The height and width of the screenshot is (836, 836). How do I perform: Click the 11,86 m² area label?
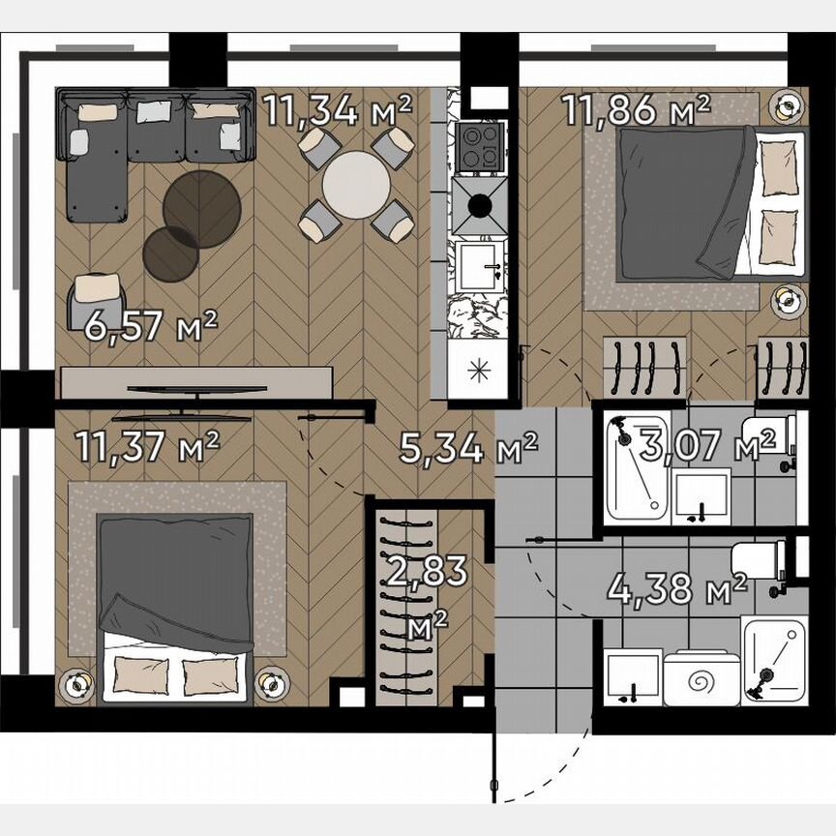pos(636,110)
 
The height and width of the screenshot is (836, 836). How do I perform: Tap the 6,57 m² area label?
pos(150,327)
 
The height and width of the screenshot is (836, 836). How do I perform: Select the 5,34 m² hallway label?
pos(468,449)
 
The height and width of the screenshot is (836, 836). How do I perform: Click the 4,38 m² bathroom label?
pos(677,587)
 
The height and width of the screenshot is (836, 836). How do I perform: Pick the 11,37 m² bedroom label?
pos(147,447)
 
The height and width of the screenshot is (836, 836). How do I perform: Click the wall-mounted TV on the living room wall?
pos(196,389)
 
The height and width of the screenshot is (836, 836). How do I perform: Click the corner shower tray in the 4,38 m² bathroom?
pos(773,661)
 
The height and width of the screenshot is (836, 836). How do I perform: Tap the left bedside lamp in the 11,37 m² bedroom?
pos(75,684)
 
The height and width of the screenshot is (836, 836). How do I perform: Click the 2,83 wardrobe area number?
pos(426,571)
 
